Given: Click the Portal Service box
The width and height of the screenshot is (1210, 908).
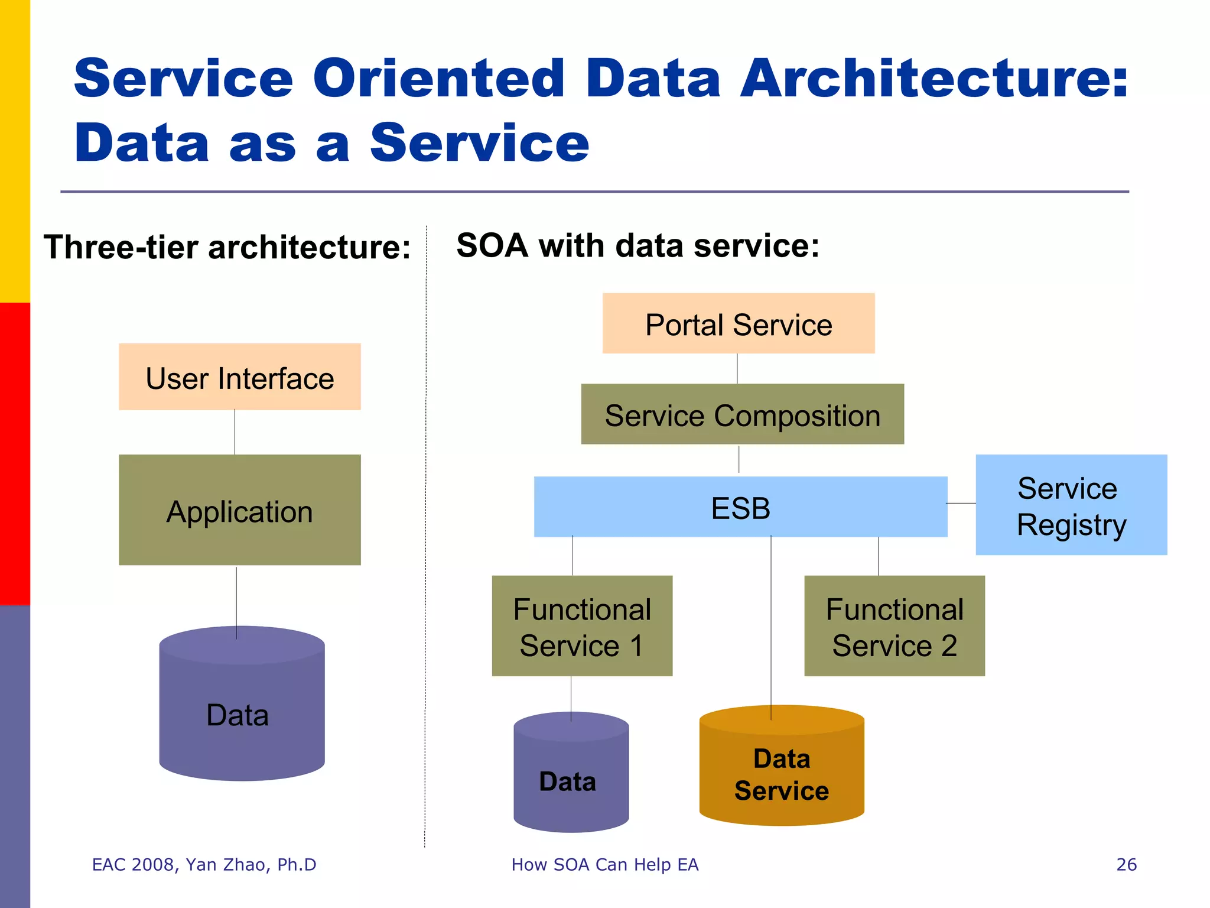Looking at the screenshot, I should [x=738, y=323].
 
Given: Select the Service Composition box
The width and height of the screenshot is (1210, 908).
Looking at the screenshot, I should [x=742, y=414].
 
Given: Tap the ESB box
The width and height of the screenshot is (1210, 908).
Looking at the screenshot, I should [x=740, y=507].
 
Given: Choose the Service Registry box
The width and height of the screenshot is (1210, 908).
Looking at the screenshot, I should [x=1071, y=505].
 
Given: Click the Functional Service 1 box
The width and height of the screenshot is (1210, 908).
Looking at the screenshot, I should [x=582, y=626].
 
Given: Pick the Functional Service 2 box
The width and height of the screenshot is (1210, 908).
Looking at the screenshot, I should [x=894, y=626].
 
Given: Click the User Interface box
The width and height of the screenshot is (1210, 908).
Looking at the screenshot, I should [x=239, y=377].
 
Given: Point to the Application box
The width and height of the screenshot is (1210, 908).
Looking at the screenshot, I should [x=239, y=510].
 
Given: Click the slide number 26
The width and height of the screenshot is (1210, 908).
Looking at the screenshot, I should [x=1126, y=865].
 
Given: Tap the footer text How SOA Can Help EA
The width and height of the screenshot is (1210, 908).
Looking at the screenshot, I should [x=604, y=865].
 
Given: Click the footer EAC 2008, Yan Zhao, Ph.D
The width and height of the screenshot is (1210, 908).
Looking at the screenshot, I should [x=204, y=865].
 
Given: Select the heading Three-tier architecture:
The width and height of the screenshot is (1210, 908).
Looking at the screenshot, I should [x=227, y=247].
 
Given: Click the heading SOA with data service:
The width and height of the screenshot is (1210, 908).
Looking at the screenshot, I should [x=637, y=245].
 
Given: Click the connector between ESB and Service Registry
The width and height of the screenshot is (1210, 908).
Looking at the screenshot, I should [x=961, y=503].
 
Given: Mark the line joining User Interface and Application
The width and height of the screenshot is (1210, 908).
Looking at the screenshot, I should [x=235, y=432].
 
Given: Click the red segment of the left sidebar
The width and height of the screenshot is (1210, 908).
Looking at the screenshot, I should [x=15, y=453].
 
